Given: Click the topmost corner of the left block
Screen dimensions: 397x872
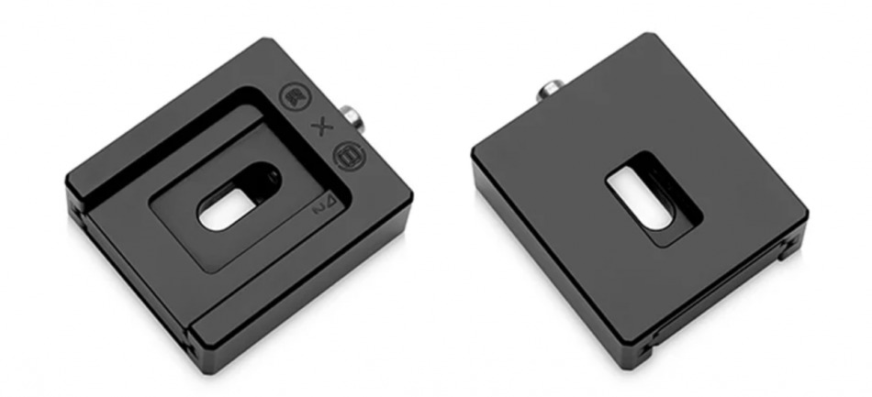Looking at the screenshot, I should click(x=270, y=40).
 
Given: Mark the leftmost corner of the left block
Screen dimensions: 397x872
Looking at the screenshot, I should click(x=66, y=174).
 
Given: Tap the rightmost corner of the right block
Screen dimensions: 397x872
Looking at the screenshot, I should click(x=807, y=216).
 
